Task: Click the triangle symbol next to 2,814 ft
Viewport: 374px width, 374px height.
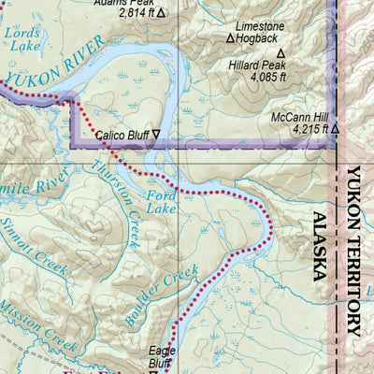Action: click(x=160, y=13)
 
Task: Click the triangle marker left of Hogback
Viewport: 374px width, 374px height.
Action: click(x=230, y=39)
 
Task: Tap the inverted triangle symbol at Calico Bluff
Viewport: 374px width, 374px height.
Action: click(x=156, y=136)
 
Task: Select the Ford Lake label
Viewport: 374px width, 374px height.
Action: click(x=163, y=202)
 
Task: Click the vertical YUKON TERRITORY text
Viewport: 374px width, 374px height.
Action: click(x=352, y=251)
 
